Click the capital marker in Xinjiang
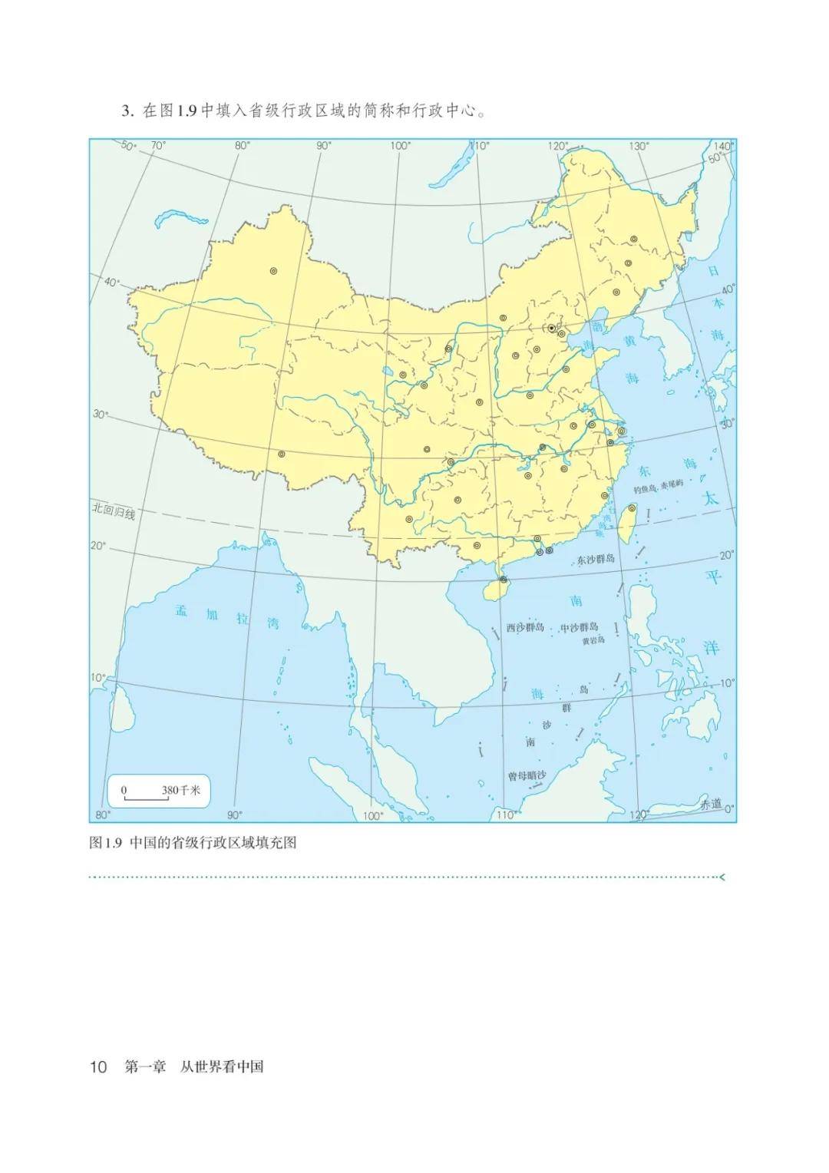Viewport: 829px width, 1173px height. coord(273,270)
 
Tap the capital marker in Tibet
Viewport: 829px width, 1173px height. coord(282,454)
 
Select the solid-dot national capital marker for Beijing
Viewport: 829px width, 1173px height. coord(551,329)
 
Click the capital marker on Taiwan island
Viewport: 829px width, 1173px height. coord(632,507)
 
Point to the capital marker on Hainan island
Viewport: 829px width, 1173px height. coord(503,580)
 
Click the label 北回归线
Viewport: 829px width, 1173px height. coord(113,512)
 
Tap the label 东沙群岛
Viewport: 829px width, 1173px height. coord(596,559)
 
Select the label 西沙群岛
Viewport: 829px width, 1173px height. coord(526,627)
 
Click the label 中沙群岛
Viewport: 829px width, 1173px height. coord(580,627)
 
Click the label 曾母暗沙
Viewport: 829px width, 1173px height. coord(526,776)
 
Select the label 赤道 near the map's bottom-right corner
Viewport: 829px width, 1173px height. coord(711,804)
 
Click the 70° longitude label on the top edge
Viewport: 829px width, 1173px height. coord(158,146)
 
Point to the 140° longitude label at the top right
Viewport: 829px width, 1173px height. coord(722,146)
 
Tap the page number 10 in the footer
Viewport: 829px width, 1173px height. coord(98,1067)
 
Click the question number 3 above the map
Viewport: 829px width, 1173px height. coord(127,111)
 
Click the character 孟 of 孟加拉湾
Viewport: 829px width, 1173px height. coord(182,611)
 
